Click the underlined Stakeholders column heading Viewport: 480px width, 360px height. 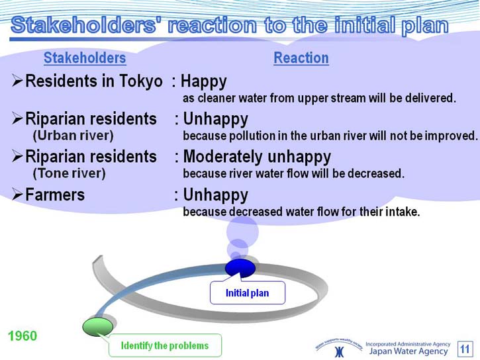pyautogui.click(x=85, y=58)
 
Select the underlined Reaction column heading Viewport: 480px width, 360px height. pyautogui.click(x=301, y=58)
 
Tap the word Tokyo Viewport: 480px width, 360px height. pyautogui.click(x=141, y=81)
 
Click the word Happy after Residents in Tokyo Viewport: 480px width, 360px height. pyautogui.click(x=203, y=82)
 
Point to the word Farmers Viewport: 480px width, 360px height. pyautogui.click(x=55, y=195)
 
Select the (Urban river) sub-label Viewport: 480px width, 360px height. pyautogui.click(x=73, y=136)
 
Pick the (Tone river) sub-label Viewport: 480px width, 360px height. pyautogui.click(x=69, y=173)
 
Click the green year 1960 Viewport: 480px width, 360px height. pyautogui.click(x=23, y=336)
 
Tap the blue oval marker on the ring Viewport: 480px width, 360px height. pyautogui.click(x=240, y=268)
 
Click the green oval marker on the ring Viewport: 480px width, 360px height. pyautogui.click(x=97, y=327)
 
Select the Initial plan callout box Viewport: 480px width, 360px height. pyautogui.click(x=248, y=293)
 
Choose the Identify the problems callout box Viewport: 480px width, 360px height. pyautogui.click(x=165, y=345)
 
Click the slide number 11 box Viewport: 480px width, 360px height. pyautogui.click(x=465, y=349)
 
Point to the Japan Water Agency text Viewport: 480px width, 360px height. pyautogui.click(x=408, y=351)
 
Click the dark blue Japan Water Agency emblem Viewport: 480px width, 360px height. pyautogui.click(x=339, y=352)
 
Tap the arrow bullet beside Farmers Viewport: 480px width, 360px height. pyautogui.click(x=17, y=195)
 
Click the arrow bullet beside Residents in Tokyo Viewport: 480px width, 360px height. pyautogui.click(x=17, y=81)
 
